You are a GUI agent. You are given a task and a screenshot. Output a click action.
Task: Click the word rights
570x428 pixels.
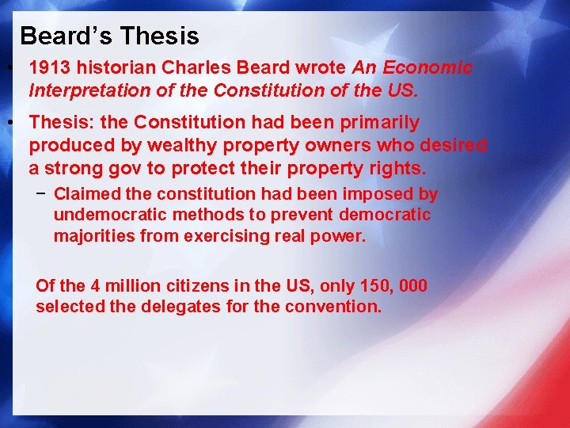pyautogui.click(x=399, y=169)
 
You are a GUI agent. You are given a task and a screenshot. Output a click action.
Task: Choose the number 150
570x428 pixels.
pyautogui.click(x=369, y=286)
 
